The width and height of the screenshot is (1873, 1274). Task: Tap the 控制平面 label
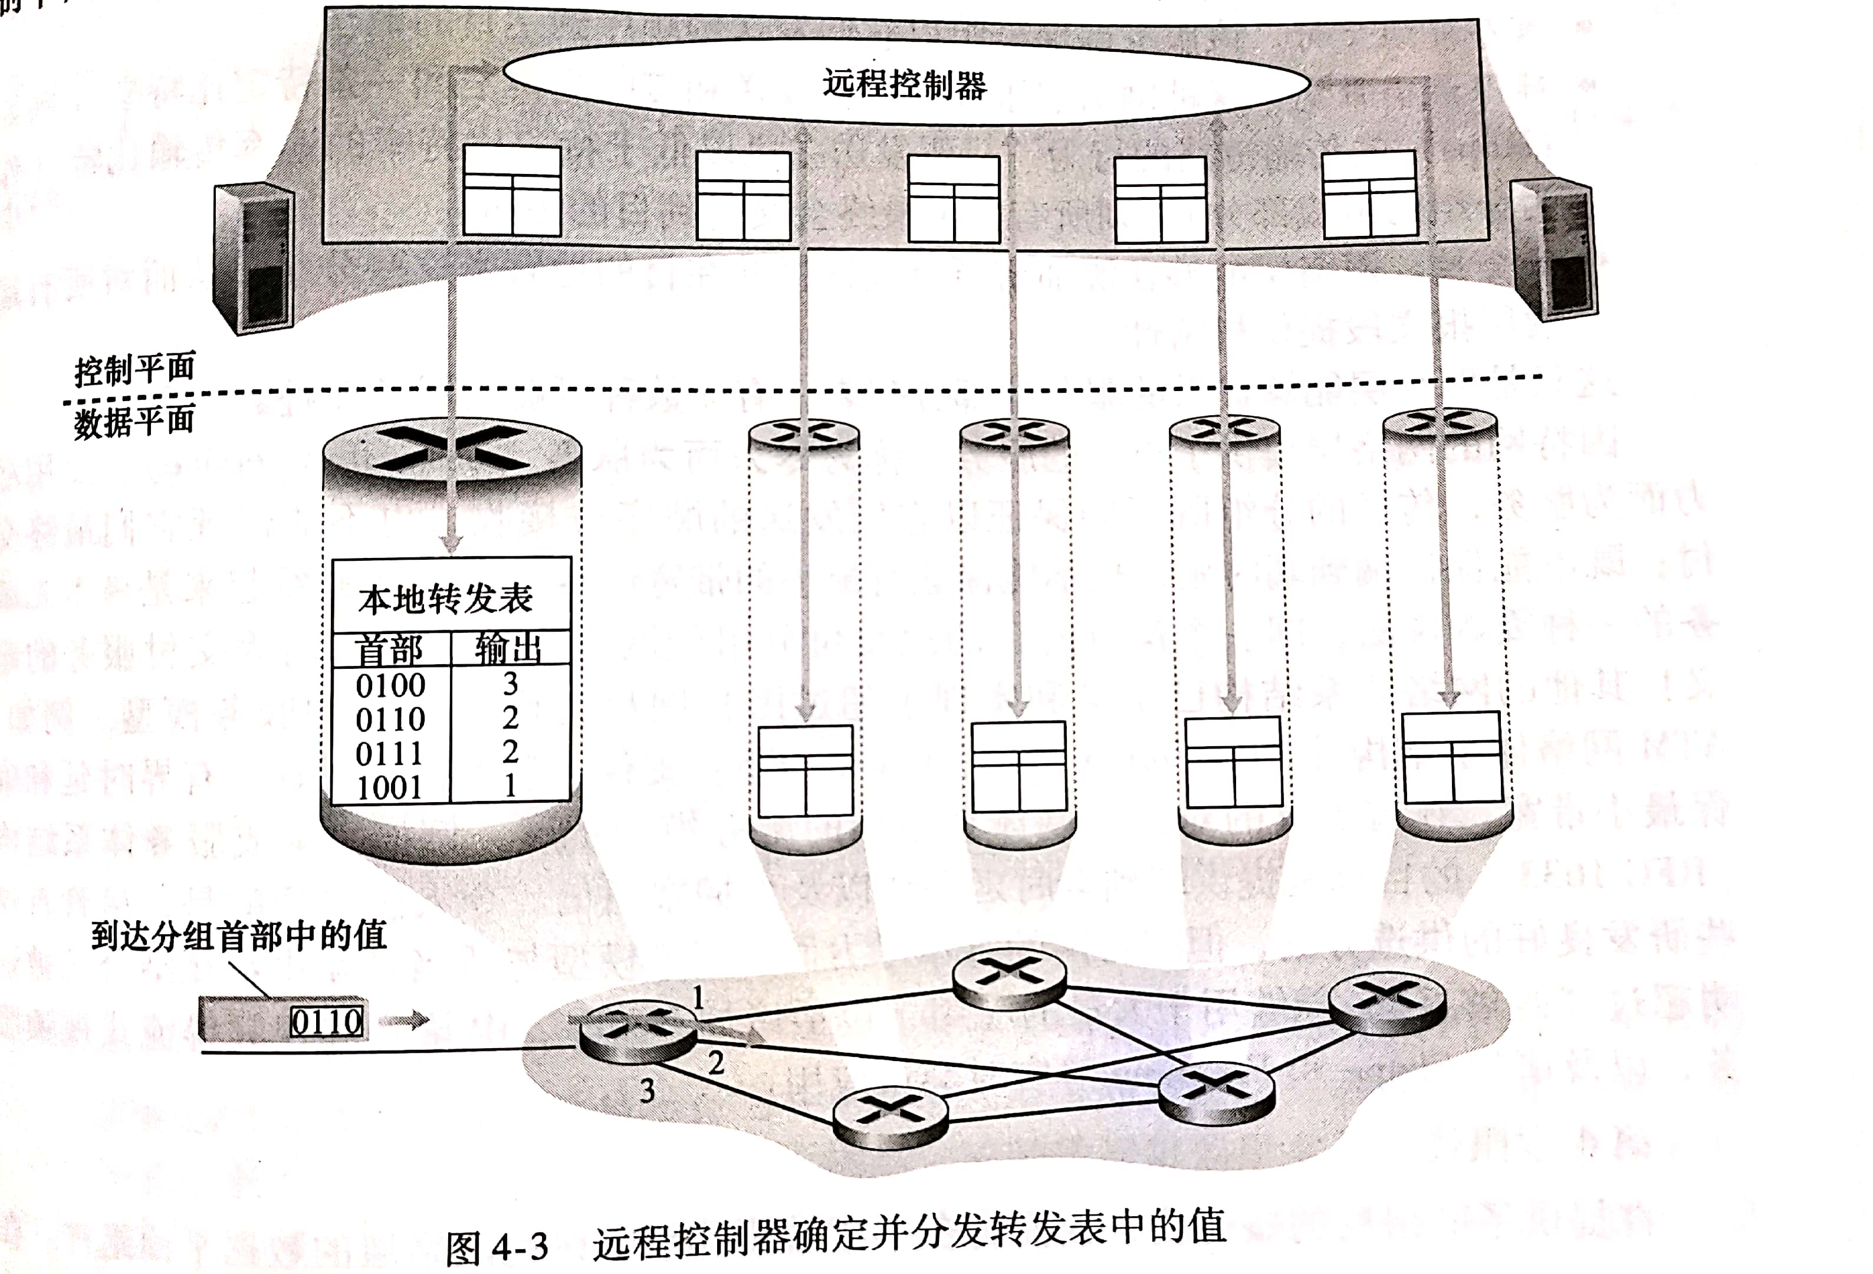pyautogui.click(x=134, y=369)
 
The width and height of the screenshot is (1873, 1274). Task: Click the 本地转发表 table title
pyautogui.click(x=446, y=599)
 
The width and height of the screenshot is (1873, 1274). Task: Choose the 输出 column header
pyautogui.click(x=508, y=648)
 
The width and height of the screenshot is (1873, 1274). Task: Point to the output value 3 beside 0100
pyautogui.click(x=510, y=684)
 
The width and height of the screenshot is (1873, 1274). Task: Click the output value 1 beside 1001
pyautogui.click(x=510, y=786)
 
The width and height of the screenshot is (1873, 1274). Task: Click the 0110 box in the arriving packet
pyautogui.click(x=326, y=1022)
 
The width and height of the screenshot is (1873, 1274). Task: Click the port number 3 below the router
pyautogui.click(x=647, y=1091)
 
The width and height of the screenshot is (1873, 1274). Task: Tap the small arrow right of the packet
pyautogui.click(x=405, y=1021)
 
